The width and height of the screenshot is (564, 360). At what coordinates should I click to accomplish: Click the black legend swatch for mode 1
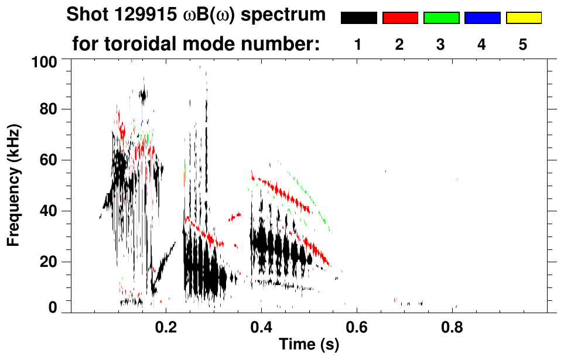click(358, 18)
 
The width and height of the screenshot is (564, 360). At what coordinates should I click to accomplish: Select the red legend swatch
click(400, 18)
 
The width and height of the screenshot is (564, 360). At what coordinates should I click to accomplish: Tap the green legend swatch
click(441, 18)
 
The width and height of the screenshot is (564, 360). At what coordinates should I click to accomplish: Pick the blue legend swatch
click(482, 18)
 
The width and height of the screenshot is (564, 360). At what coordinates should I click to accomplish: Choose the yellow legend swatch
click(523, 18)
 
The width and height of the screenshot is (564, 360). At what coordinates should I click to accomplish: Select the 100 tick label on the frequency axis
click(44, 61)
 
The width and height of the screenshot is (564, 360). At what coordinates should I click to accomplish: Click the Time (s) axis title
click(309, 345)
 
